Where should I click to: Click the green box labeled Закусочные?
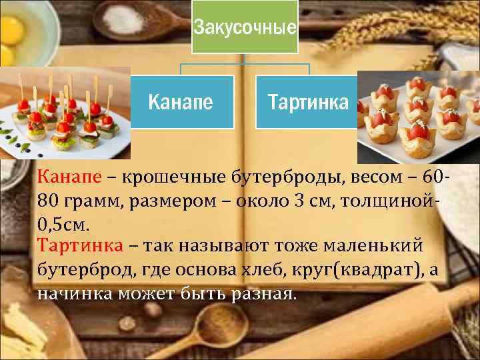click(245, 27)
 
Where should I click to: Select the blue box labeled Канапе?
click(181, 101)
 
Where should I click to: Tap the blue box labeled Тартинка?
click(307, 101)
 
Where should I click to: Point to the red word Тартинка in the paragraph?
click(81, 245)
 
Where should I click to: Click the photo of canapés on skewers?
click(65, 113)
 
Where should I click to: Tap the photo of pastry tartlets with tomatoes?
click(419, 117)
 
